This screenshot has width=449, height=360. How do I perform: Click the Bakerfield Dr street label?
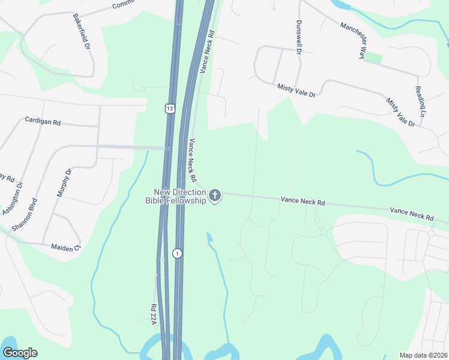(81, 31)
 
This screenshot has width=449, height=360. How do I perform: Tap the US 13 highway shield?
(171, 109)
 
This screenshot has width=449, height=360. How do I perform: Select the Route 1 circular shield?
(177, 253)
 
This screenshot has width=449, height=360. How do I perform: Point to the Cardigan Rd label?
(43, 121)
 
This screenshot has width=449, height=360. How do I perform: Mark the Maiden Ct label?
(65, 247)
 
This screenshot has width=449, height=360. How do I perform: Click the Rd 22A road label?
(154, 316)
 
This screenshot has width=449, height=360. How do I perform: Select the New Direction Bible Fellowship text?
(179, 196)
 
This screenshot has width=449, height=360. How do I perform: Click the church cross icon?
(215, 195)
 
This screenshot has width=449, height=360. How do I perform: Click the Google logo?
(20, 353)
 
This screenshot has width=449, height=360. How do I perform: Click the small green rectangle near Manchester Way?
(373, 58)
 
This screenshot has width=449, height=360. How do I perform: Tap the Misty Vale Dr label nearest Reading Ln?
(400, 112)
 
